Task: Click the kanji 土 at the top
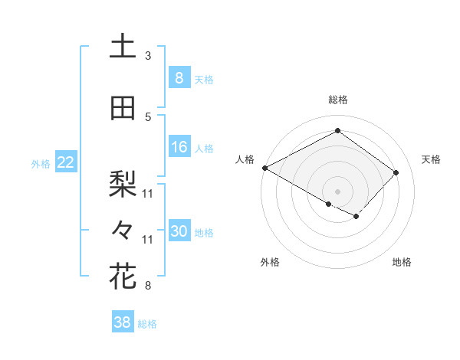pyautogui.click(x=123, y=46)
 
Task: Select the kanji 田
pyautogui.click(x=123, y=109)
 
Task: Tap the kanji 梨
pyautogui.click(x=123, y=182)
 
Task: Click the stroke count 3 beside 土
pyautogui.click(x=148, y=55)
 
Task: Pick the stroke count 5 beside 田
pyautogui.click(x=148, y=116)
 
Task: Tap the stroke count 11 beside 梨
pyautogui.click(x=148, y=192)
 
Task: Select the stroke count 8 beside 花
pyautogui.click(x=148, y=286)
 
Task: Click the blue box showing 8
pyautogui.click(x=179, y=78)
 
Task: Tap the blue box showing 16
pyautogui.click(x=179, y=147)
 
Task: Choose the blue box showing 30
pyautogui.click(x=179, y=232)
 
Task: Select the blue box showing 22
pyautogui.click(x=64, y=162)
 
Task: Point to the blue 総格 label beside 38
pyautogui.click(x=147, y=324)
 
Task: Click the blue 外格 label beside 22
pyautogui.click(x=40, y=163)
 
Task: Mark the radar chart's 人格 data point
pyautogui.click(x=264, y=168)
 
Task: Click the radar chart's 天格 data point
pyautogui.click(x=396, y=172)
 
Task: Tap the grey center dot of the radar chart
pyautogui.click(x=337, y=190)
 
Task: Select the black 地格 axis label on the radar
pyautogui.click(x=402, y=262)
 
